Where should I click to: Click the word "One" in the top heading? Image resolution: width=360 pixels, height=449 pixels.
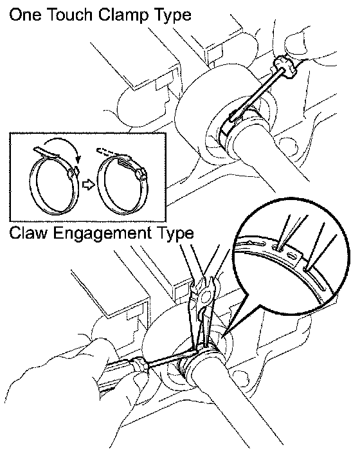(25, 15)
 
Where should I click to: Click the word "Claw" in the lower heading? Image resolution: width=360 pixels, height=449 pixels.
(28, 233)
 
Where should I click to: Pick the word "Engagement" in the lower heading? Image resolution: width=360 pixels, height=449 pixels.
(102, 234)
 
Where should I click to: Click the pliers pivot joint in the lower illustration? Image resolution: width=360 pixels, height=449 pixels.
(206, 298)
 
